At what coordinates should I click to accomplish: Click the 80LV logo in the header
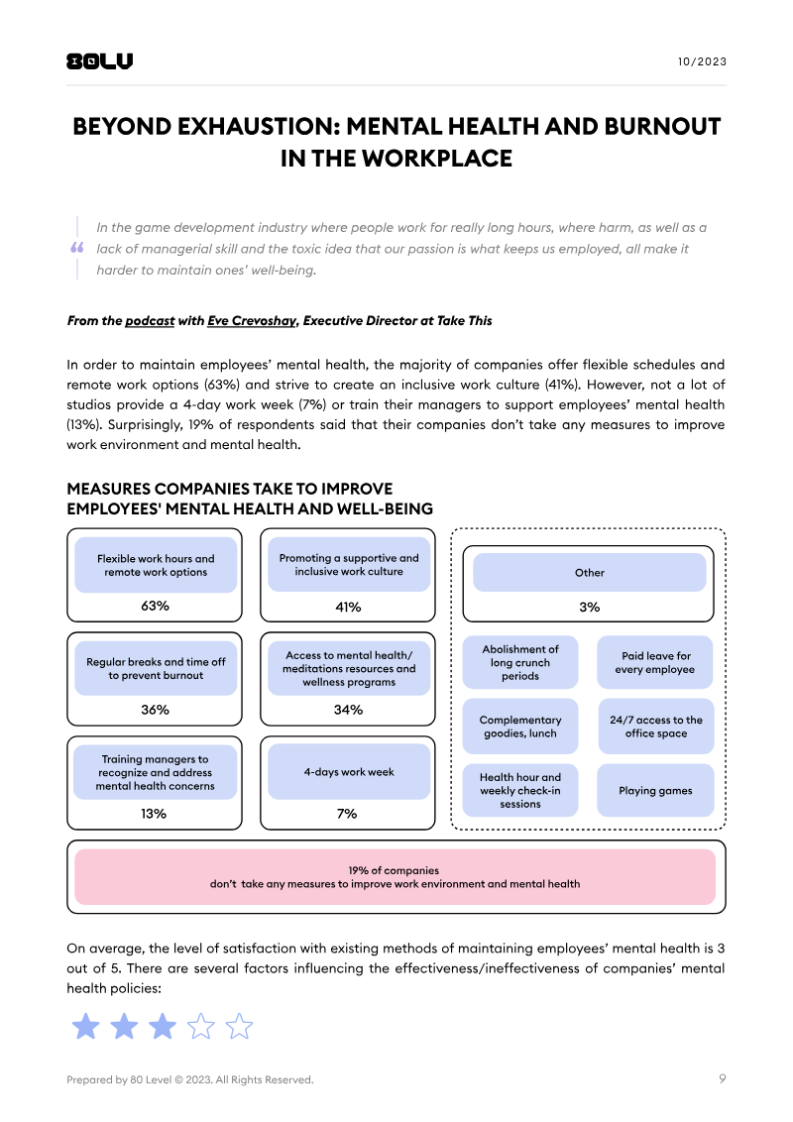(99, 61)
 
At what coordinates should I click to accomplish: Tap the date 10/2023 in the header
(702, 61)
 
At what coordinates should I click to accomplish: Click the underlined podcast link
(150, 321)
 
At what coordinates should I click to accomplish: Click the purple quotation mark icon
(77, 249)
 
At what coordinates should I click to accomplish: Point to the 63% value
(155, 606)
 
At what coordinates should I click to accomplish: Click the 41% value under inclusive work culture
(348, 606)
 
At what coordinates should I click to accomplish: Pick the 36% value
(155, 710)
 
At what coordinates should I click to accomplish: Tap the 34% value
(348, 710)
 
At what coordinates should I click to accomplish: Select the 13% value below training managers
(155, 813)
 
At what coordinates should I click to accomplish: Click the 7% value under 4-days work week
(348, 813)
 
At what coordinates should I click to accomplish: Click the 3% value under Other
(589, 607)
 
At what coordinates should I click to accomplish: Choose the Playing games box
(655, 791)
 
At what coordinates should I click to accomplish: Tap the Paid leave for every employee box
(655, 662)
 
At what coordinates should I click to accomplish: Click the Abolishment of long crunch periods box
(520, 662)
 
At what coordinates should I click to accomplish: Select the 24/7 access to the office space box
(655, 727)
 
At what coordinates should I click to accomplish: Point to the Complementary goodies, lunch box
(520, 727)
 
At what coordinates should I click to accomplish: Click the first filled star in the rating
(86, 1026)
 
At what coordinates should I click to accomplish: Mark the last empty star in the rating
(239, 1026)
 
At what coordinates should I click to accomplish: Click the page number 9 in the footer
(722, 1079)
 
